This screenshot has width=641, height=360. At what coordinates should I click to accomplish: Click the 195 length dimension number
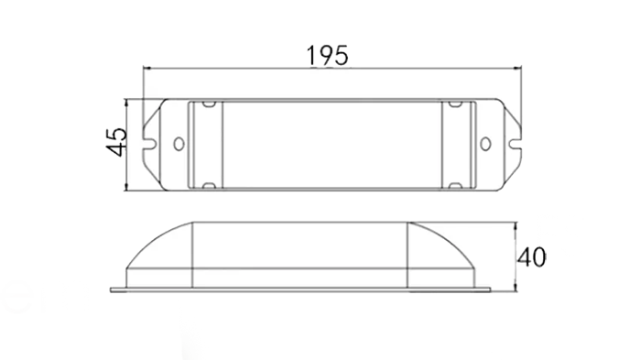tap(328, 56)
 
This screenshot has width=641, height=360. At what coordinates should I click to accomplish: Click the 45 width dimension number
tap(117, 142)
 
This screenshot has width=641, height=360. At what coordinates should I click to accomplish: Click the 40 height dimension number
tap(531, 257)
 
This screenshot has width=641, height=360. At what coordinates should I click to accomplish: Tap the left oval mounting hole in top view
tap(179, 144)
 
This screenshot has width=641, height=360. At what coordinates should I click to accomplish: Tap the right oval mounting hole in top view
tap(485, 144)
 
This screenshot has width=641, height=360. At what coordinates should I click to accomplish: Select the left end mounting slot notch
tap(150, 144)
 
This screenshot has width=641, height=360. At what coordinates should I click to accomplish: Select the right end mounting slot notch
tap(515, 144)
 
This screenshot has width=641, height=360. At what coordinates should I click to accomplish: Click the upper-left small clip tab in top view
tap(209, 104)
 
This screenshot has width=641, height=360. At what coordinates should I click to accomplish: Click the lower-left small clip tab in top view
tap(209, 186)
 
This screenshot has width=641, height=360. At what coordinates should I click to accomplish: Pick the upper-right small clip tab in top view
tap(455, 104)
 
